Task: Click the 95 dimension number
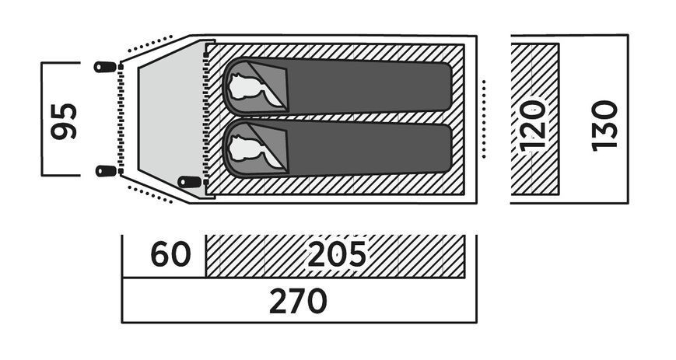(64, 121)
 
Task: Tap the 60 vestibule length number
(170, 254)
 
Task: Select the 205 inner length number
(337, 254)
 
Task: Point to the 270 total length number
(299, 301)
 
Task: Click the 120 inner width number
(533, 126)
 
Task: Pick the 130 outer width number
(604, 125)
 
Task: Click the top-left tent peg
(105, 67)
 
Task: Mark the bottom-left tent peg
(106, 171)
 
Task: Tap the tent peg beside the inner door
(190, 182)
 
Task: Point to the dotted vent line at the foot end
(484, 119)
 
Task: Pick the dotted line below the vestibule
(150, 194)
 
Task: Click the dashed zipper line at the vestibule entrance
(121, 119)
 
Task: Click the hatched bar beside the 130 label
(534, 119)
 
